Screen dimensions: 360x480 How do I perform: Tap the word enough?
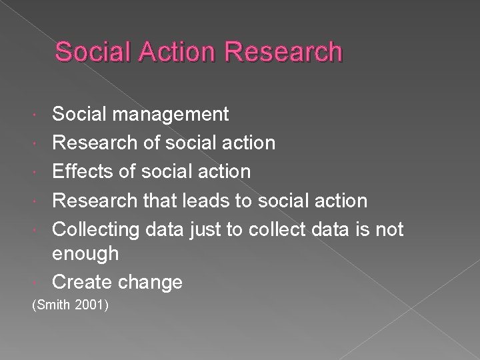coord(85,254)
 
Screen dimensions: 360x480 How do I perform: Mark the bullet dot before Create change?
coord(43,283)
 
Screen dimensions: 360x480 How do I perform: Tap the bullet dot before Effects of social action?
coord(43,172)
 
